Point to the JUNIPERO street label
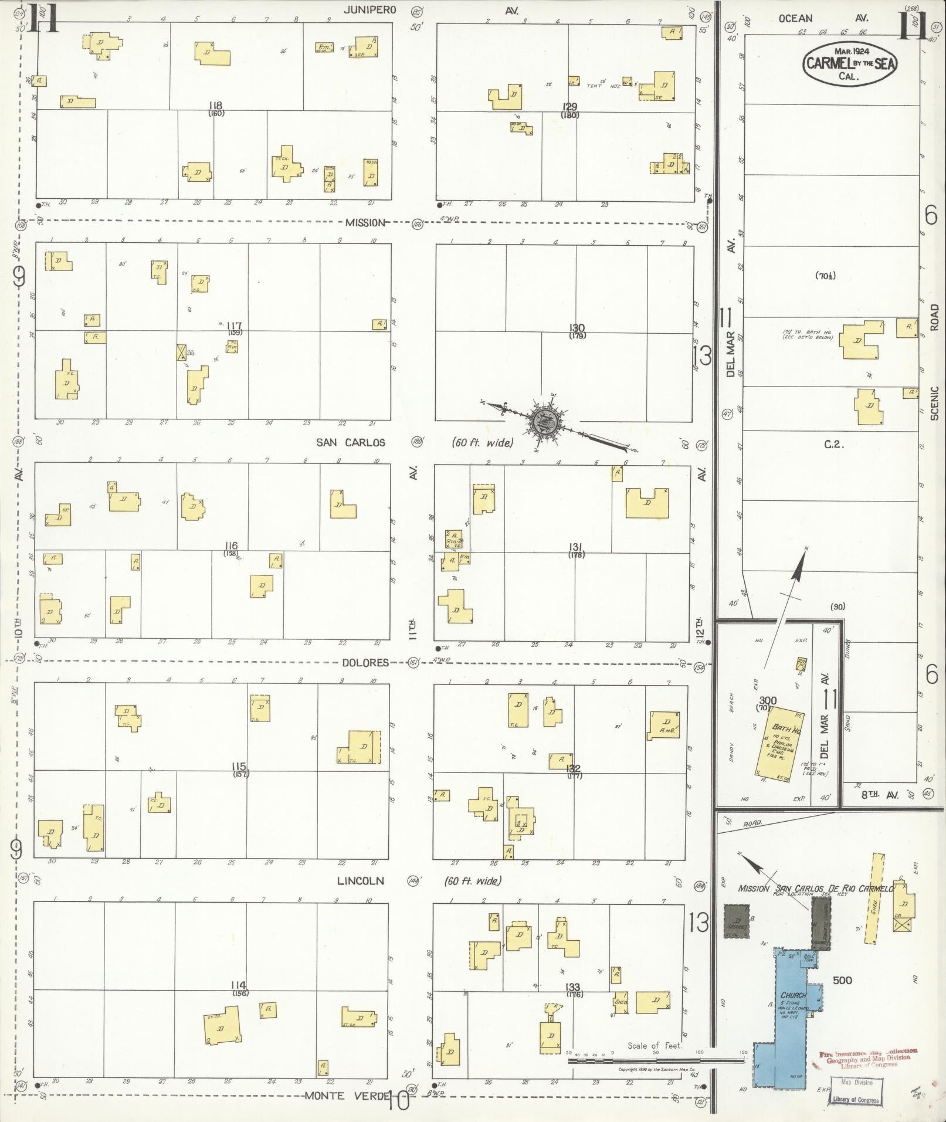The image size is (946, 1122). (x=370, y=10)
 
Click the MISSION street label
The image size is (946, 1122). (x=365, y=222)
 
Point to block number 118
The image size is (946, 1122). (x=215, y=106)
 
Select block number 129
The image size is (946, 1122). (x=569, y=107)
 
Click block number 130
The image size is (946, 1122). (x=577, y=328)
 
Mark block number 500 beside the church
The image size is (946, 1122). (x=842, y=980)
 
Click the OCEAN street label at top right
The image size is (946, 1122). (x=795, y=19)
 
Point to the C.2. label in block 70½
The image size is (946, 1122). (x=833, y=445)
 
